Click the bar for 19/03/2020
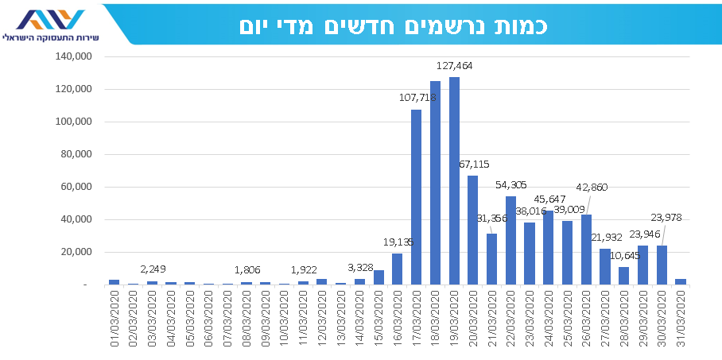coord(454,180)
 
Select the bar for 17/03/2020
coord(416,196)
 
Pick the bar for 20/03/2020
coord(473,230)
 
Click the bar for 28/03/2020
coord(624,276)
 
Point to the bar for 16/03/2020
coord(397,269)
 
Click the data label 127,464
coord(455,66)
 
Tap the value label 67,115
coord(475,164)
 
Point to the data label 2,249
coord(152,269)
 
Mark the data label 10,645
coord(626,255)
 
